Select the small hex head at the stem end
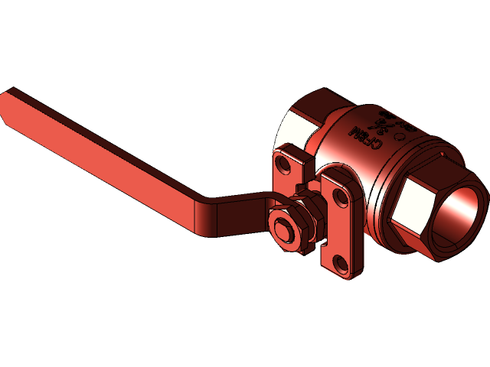(x=283, y=230)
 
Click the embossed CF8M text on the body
(x=364, y=138)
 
